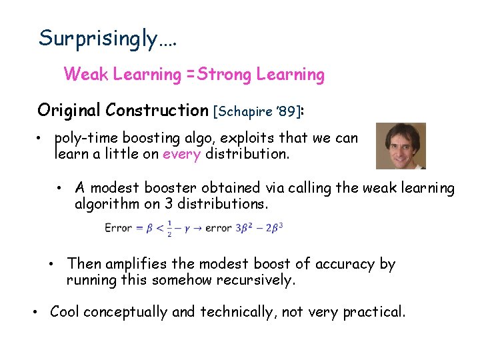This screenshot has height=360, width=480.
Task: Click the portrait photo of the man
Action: coord(401,145)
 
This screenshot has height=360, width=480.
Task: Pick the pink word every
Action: coord(181,155)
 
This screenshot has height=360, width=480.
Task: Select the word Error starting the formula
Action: coord(118,229)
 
